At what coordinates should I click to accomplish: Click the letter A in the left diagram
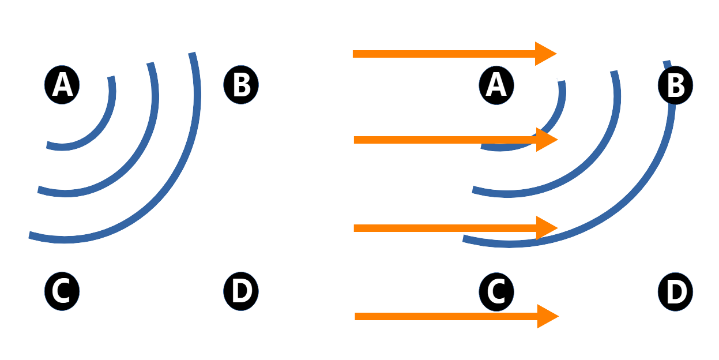[x=62, y=86]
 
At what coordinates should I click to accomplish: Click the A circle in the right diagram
[x=496, y=86]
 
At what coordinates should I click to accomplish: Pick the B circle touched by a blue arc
[x=675, y=87]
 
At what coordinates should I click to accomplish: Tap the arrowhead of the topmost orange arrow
[x=545, y=54]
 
